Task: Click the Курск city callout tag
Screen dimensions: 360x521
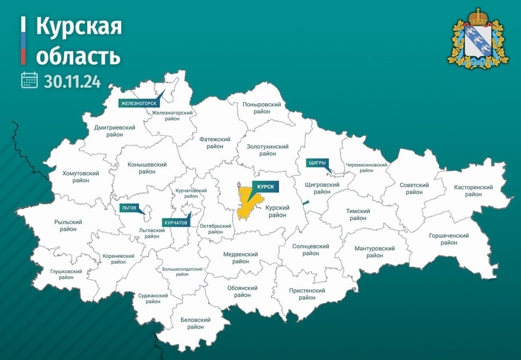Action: [x=266, y=186]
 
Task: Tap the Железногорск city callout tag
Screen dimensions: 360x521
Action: [x=138, y=103]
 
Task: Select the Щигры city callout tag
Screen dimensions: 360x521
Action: [x=317, y=163]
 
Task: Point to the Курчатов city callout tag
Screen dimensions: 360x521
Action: [x=176, y=222]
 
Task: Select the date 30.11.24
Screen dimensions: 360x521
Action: [x=72, y=81]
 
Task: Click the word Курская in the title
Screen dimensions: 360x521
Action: [x=79, y=27]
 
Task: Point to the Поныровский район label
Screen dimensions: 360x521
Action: [x=262, y=108]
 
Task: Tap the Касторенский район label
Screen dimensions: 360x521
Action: [x=473, y=191]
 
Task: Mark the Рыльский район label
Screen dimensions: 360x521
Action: [x=68, y=225]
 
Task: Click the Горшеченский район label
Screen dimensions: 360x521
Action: [x=448, y=239]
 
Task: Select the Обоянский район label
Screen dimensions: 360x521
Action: [x=242, y=291]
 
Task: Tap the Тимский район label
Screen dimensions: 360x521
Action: [x=358, y=215]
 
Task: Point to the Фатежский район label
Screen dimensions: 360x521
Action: [x=215, y=143]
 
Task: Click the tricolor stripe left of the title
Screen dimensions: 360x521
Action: [x=23, y=41]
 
